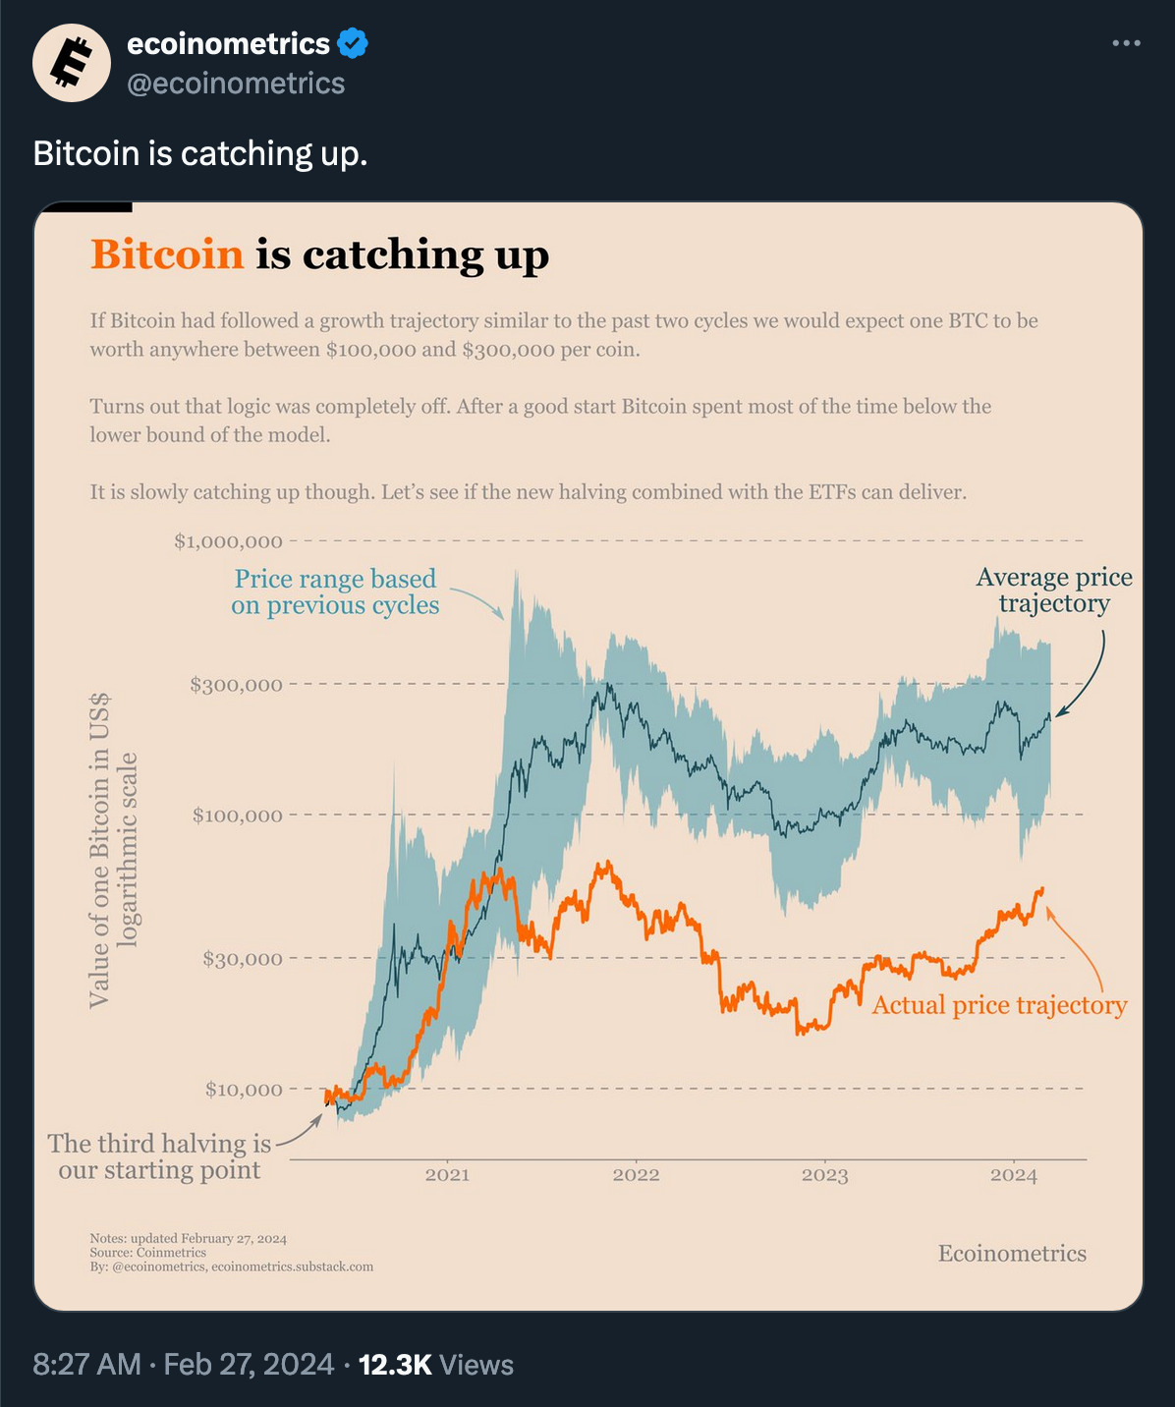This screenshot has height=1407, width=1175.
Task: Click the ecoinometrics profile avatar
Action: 72,63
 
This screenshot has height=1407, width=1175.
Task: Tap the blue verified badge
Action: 353,43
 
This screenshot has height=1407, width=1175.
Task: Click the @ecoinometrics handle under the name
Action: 236,84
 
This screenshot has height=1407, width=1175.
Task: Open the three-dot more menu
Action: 1126,43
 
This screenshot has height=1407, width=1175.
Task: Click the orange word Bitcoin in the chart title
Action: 167,254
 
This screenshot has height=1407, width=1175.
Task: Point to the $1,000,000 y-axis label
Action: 228,541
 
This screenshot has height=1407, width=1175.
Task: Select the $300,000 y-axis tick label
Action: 236,685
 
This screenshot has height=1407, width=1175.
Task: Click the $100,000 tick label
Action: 237,816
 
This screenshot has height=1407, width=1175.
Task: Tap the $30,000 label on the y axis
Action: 242,959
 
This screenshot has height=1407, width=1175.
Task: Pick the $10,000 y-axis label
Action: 244,1090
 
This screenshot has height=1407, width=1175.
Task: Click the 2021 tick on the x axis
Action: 447,1175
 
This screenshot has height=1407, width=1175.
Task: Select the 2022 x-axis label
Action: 636,1175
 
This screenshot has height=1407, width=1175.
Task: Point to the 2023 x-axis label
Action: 824,1175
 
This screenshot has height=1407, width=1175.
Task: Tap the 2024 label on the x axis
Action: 1013,1175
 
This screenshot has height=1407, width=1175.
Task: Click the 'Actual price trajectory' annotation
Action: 999,1005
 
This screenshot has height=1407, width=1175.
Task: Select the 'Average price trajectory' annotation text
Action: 1054,591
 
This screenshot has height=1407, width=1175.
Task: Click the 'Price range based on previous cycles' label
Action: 335,591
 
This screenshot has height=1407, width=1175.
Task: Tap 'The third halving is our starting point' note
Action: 159,1156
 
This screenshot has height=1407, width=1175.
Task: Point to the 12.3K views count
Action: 395,1365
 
